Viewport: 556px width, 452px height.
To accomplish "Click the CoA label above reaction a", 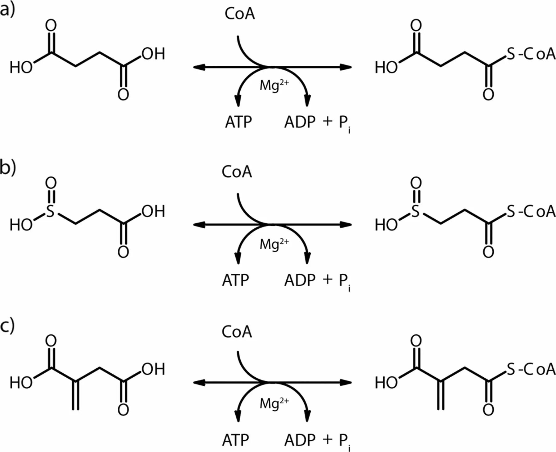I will [240, 14].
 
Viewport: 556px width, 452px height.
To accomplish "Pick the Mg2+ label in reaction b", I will [274, 244].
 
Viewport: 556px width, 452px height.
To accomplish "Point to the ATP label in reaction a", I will [238, 122].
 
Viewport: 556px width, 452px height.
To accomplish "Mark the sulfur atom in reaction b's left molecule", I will [50, 212].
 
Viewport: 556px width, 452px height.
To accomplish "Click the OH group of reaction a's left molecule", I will [154, 54].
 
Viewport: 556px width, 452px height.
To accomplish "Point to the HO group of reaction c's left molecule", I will [21, 383].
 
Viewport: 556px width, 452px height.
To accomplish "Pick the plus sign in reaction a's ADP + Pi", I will [327, 121].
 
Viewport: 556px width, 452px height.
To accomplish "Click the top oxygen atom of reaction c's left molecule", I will [51, 341].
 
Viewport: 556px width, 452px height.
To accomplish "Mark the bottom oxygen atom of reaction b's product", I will [488, 252].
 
